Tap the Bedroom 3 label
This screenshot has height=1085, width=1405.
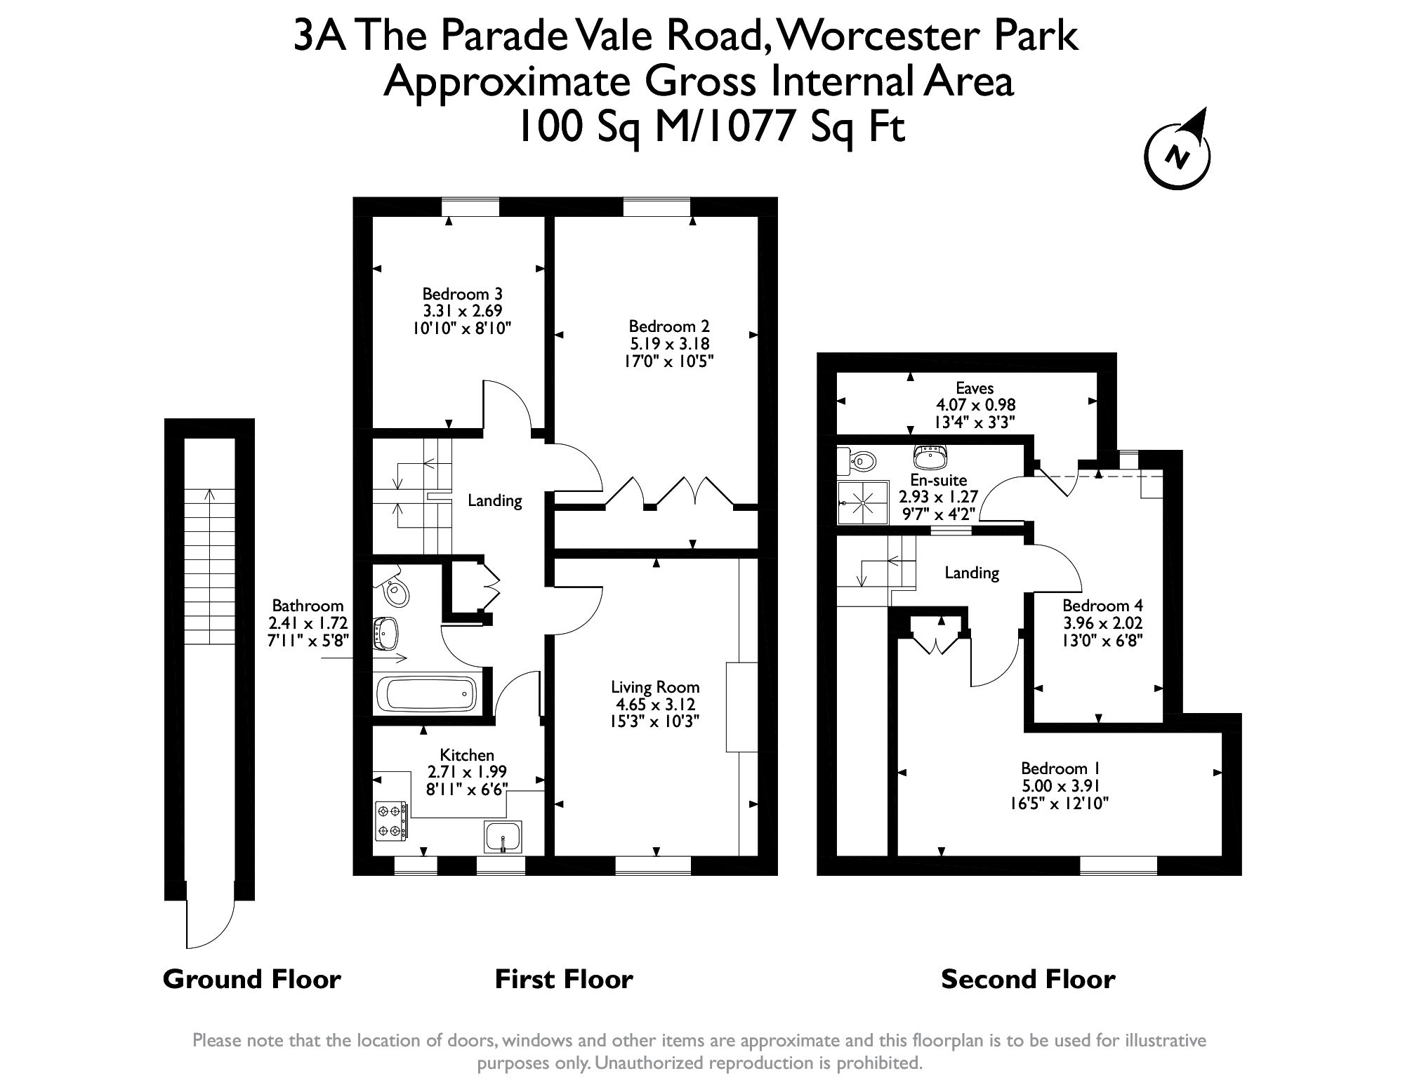tap(461, 294)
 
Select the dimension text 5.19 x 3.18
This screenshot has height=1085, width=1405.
tap(669, 344)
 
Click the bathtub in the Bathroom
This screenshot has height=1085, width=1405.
tap(426, 694)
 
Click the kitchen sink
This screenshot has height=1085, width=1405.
tap(503, 837)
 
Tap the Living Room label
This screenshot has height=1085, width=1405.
tap(655, 687)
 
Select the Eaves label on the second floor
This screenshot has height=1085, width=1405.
tap(975, 388)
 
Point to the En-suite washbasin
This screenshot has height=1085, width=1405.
tap(931, 458)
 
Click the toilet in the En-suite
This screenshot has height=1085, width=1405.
tap(856, 461)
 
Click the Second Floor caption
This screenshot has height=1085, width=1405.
tap(1027, 979)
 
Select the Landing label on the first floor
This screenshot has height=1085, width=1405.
tap(495, 500)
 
